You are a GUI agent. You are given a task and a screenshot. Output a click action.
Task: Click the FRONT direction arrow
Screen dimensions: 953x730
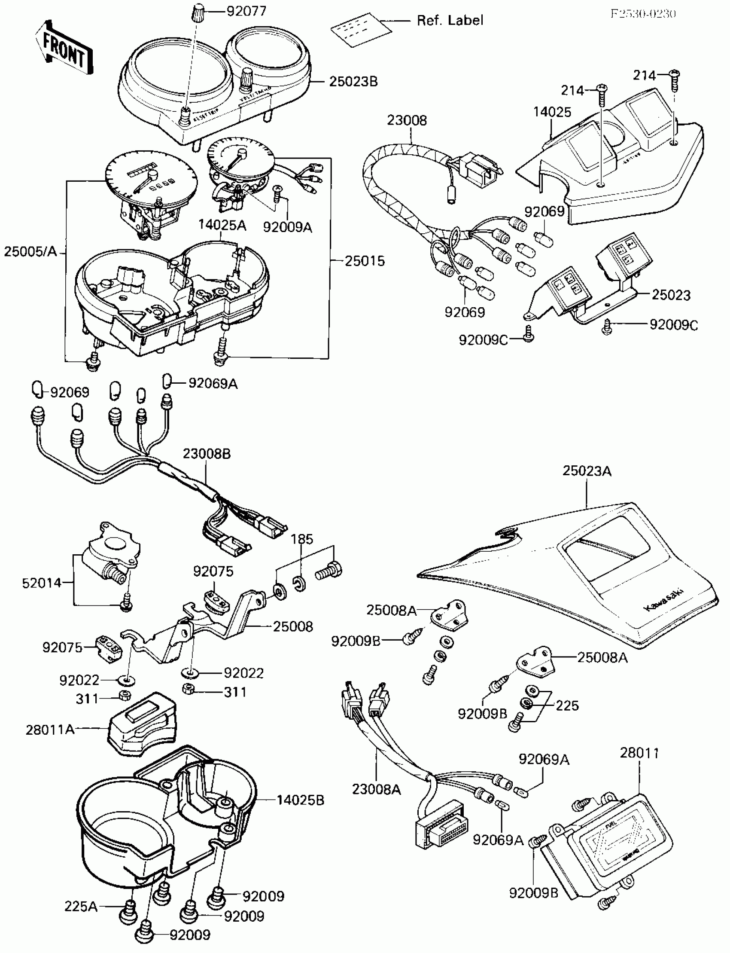64,48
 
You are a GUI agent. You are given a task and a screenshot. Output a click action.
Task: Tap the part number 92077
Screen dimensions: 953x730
246,11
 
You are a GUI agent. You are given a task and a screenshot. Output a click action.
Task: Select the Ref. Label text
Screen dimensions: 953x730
450,21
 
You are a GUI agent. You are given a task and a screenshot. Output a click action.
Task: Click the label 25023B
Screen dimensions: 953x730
353,81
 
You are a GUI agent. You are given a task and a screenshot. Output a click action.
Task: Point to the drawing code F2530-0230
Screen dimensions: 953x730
643,13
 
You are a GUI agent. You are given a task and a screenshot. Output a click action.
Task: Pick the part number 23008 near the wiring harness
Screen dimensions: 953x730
407,120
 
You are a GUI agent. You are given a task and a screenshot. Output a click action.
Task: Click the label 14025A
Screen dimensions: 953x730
222,225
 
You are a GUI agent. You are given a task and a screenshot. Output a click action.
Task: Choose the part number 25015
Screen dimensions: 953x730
365,261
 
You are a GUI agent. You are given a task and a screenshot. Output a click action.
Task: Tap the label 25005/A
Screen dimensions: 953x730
30,251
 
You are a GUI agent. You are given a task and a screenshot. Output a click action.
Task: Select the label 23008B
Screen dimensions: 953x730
207,453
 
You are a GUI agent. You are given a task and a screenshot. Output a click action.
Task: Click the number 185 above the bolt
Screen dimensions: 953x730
301,539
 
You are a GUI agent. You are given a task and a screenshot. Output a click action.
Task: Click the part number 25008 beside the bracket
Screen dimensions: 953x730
293,626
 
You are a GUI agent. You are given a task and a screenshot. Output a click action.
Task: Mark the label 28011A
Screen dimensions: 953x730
50,729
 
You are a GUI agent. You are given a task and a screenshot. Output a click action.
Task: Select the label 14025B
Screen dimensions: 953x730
301,800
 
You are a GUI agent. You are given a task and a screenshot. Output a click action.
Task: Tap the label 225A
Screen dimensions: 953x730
81,906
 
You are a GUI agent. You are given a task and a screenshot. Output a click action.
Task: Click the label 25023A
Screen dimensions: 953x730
587,471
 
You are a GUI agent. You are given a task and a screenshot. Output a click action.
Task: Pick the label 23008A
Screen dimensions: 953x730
376,789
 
